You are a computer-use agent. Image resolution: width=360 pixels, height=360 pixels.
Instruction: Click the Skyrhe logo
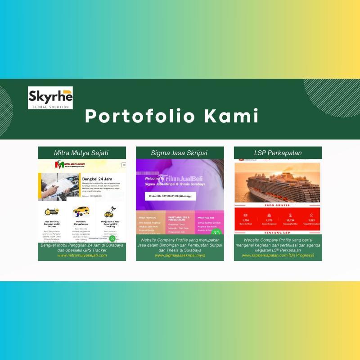50,98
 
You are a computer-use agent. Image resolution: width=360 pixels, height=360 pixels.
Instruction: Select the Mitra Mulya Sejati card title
81,153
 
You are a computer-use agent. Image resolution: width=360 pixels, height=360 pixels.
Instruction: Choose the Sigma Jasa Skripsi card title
179,153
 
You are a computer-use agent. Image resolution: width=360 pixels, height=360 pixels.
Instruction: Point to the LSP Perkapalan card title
277,153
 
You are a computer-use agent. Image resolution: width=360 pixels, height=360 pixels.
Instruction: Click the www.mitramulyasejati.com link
81,255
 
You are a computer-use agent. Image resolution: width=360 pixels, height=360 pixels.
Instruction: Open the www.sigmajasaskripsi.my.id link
180,255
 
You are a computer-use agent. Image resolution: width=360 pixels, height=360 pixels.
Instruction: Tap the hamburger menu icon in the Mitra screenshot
123,165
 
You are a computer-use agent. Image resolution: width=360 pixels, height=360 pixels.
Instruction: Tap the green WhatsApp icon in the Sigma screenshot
216,233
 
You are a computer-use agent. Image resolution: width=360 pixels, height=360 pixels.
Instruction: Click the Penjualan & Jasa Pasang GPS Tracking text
109,223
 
